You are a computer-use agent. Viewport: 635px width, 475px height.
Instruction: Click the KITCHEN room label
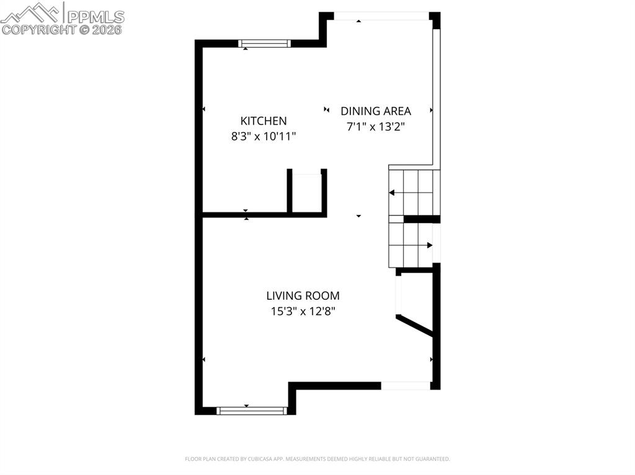point(264,121)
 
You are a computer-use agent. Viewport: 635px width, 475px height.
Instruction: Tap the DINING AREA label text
point(375,111)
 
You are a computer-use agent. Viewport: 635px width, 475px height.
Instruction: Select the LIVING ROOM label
point(303,296)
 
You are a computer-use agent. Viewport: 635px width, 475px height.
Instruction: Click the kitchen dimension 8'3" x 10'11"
point(264,136)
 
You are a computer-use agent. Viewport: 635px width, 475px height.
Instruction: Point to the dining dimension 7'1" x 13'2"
point(375,126)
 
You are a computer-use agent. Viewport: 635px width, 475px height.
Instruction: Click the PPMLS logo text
point(95,16)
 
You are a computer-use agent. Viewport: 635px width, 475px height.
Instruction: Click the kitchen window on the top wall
point(265,43)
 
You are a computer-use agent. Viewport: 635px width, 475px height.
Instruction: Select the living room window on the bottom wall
point(251,410)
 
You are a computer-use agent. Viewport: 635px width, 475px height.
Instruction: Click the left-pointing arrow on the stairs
point(392,193)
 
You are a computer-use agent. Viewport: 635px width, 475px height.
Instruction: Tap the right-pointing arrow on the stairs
point(429,245)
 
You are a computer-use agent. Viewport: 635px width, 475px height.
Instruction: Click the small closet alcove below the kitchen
point(306,193)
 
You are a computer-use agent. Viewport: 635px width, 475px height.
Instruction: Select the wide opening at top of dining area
point(381,16)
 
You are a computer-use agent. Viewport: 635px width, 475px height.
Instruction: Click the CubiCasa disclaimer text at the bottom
point(317,459)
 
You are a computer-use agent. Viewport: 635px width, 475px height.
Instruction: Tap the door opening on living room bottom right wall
point(405,385)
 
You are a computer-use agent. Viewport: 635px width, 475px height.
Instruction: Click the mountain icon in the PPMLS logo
point(31,12)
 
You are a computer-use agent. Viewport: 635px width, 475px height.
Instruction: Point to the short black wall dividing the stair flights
point(422,219)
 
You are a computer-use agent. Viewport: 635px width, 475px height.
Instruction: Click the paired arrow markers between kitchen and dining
point(327,110)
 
